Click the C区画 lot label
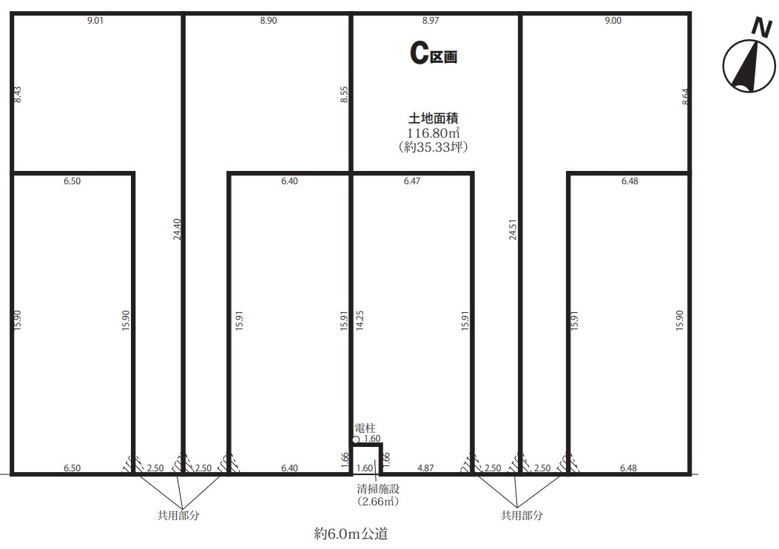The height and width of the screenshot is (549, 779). point(434,53)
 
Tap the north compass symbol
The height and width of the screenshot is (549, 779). point(749,67)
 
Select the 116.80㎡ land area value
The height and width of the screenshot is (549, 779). point(434,133)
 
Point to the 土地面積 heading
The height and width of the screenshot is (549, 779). point(434,118)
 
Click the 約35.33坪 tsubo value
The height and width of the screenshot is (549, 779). point(434,147)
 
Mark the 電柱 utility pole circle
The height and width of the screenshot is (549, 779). point(356,439)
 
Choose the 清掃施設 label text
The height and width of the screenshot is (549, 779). point(378,489)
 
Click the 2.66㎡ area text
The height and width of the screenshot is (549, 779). point(378,502)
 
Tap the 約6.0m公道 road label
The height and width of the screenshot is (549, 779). point(351,534)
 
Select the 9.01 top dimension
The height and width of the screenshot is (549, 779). point(95,21)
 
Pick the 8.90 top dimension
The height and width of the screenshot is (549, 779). point(269,21)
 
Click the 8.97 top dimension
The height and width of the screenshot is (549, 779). point(431,21)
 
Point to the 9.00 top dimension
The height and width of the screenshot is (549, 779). point(613,21)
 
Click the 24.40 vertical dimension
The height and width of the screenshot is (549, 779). point(178,229)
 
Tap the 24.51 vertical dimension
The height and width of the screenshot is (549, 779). point(513,229)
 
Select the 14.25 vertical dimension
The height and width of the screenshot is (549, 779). point(360,320)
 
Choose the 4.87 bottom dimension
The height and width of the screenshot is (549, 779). point(425,468)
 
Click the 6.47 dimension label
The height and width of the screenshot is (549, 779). point(412,181)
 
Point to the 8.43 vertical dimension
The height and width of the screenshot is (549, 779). point(18,95)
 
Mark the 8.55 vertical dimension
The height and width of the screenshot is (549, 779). point(344,95)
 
